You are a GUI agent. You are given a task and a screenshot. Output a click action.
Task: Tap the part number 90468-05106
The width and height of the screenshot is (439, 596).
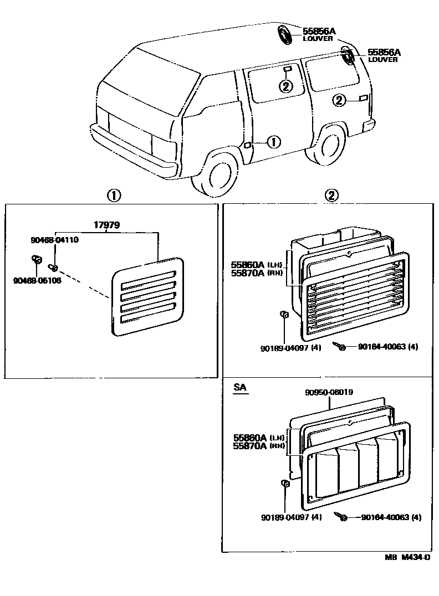click(x=37, y=280)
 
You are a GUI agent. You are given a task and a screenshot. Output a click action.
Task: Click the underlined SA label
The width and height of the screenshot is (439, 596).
click(x=239, y=388)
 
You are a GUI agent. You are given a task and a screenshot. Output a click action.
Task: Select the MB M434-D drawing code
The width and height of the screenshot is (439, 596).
click(x=407, y=558)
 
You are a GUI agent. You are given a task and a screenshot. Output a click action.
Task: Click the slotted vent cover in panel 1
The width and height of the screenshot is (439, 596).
click(x=147, y=296)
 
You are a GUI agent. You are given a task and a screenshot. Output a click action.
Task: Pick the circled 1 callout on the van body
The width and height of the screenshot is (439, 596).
click(x=273, y=142)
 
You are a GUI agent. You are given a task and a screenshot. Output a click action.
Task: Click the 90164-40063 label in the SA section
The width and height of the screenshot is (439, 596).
click(x=391, y=517)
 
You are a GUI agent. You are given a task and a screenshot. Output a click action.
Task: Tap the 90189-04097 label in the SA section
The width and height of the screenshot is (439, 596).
click(x=290, y=517)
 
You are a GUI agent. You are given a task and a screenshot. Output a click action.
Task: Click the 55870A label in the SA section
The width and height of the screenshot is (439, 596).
click(x=249, y=445)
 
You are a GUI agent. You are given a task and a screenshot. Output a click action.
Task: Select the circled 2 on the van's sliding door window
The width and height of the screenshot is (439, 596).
click(x=285, y=86)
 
